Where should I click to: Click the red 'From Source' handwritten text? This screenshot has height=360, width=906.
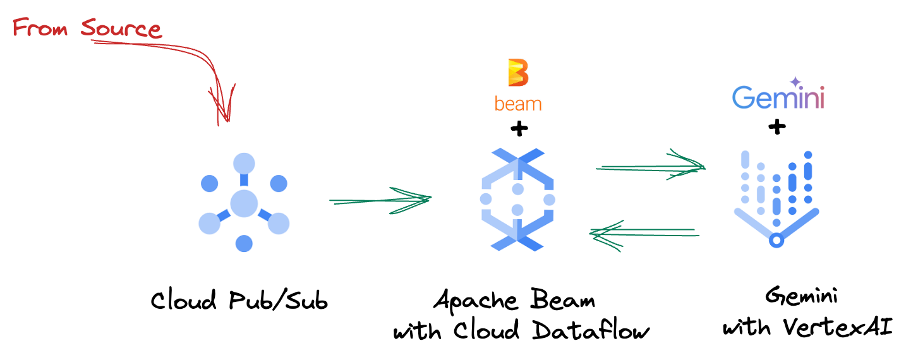pyautogui.click(x=87, y=28)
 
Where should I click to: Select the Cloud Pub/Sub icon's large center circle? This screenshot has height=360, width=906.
pyautogui.click(x=244, y=203)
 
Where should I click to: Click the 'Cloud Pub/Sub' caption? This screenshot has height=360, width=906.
pyautogui.click(x=239, y=301)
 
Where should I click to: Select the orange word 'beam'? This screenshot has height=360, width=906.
pyautogui.click(x=518, y=103)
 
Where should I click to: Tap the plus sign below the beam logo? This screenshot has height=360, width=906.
pyautogui.click(x=519, y=130)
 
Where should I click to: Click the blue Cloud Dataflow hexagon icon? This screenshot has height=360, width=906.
pyautogui.click(x=517, y=199)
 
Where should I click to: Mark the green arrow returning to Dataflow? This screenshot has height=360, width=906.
pyautogui.click(x=644, y=233)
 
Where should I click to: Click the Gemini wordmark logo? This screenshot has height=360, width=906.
pyautogui.click(x=778, y=98)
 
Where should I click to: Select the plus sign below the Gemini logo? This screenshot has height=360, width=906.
pyautogui.click(x=777, y=128)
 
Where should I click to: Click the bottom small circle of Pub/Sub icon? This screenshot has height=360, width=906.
pyautogui.click(x=244, y=243)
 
